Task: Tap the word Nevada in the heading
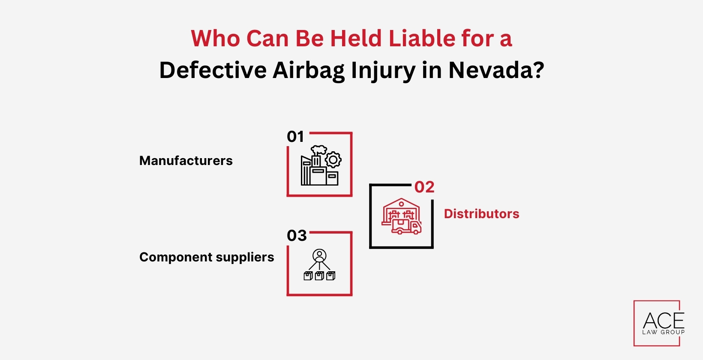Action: coord(496,70)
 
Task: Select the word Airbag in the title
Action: coord(308,71)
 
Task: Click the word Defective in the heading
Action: coord(213,70)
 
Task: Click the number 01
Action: coord(295,137)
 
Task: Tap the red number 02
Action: coord(424,187)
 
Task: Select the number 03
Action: coord(297,236)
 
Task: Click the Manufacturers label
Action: coord(186,161)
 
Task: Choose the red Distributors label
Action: coord(481,214)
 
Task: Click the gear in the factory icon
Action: coord(333,160)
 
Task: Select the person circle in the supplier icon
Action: coord(319,255)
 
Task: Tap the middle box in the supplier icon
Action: coord(319,276)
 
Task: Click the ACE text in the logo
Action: coord(664,321)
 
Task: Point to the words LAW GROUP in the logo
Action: coord(663,332)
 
